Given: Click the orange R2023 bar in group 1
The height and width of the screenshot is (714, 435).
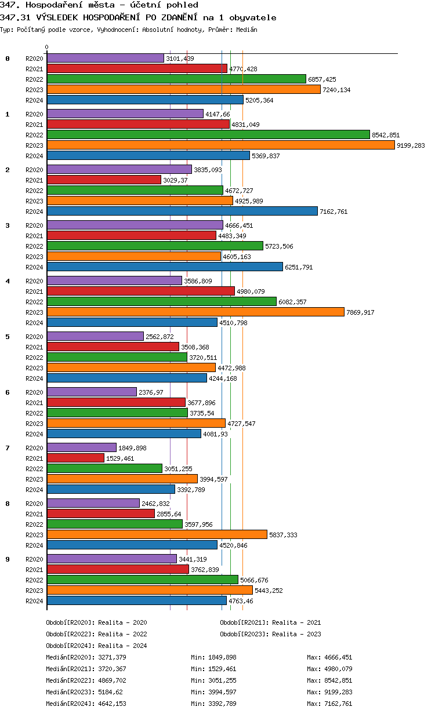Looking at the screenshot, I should (220, 145).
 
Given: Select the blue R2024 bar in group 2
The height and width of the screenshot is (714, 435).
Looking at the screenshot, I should (182, 211).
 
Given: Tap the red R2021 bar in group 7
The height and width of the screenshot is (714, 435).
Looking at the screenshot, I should (75, 458).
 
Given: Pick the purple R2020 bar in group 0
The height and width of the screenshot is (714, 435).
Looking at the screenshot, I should (105, 58).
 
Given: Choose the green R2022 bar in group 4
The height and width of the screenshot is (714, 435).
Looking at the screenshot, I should (161, 301).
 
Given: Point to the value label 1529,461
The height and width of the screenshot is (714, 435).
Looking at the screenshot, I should (120, 458).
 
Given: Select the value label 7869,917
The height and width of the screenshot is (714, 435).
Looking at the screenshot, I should (360, 312).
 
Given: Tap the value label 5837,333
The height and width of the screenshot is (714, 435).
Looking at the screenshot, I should (283, 535).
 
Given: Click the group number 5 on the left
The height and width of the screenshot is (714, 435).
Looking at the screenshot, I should (8, 337).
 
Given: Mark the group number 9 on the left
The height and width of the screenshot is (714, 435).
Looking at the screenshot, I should (8, 559).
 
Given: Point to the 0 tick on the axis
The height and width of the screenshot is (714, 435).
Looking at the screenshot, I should (46, 48).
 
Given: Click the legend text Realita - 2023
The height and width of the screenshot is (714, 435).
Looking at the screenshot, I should (296, 634).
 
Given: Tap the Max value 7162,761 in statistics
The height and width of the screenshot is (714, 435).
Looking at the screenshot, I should (339, 704).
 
